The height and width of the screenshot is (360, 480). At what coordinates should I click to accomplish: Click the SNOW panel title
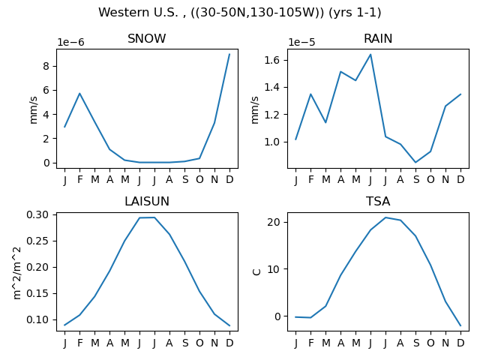(147, 38)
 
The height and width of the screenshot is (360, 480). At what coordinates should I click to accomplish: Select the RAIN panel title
(378, 38)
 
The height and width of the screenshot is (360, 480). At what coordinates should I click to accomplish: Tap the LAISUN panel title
(147, 202)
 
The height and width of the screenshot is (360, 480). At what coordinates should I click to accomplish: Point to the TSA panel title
(378, 202)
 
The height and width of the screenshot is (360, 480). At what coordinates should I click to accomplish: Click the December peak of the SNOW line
(229, 54)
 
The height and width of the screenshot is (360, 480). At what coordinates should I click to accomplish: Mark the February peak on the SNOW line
(80, 93)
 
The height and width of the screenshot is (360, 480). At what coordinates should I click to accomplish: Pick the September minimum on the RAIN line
(415, 162)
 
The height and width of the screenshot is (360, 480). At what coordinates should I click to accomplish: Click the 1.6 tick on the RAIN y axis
(272, 60)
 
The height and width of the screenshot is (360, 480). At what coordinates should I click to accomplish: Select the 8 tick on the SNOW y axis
(46, 66)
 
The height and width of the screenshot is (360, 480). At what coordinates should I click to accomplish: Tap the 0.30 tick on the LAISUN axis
(37, 215)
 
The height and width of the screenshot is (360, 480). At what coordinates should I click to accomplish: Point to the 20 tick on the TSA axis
(274, 222)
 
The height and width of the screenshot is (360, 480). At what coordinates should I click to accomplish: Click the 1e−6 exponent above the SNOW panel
(70, 42)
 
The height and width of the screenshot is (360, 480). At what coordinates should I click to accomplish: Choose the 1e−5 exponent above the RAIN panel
(301, 42)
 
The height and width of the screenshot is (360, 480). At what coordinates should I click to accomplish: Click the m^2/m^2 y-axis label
(17, 273)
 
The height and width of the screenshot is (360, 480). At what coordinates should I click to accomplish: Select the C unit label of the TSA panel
(256, 271)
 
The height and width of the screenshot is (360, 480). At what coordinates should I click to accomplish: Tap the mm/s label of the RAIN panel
(255, 110)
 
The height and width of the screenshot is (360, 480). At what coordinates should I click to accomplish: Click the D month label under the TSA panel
(460, 343)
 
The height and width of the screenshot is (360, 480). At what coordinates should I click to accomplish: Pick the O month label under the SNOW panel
(199, 180)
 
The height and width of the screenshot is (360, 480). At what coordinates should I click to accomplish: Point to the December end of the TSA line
(460, 325)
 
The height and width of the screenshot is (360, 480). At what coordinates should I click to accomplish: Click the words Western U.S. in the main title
(140, 13)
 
